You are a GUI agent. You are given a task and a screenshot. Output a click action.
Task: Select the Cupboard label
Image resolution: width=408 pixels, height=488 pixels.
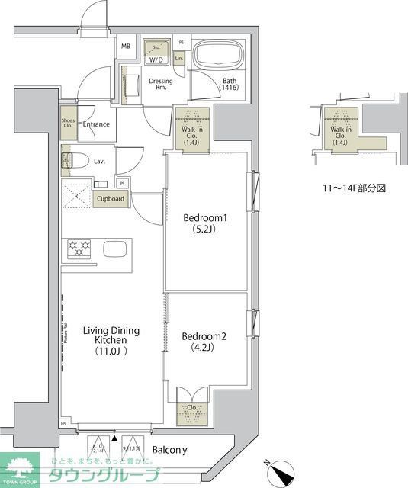point(111,199)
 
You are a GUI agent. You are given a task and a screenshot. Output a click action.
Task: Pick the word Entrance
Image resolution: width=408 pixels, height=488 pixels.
point(97,124)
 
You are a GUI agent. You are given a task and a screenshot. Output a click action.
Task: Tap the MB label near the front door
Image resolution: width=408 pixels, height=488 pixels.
point(125,47)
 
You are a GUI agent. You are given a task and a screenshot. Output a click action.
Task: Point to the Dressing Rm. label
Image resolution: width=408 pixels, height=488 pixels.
point(161,85)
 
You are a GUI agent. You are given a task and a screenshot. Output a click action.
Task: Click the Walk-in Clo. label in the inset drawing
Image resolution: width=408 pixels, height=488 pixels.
point(341,135)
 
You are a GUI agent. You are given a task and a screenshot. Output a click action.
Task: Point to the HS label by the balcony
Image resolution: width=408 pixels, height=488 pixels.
point(64,424)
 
